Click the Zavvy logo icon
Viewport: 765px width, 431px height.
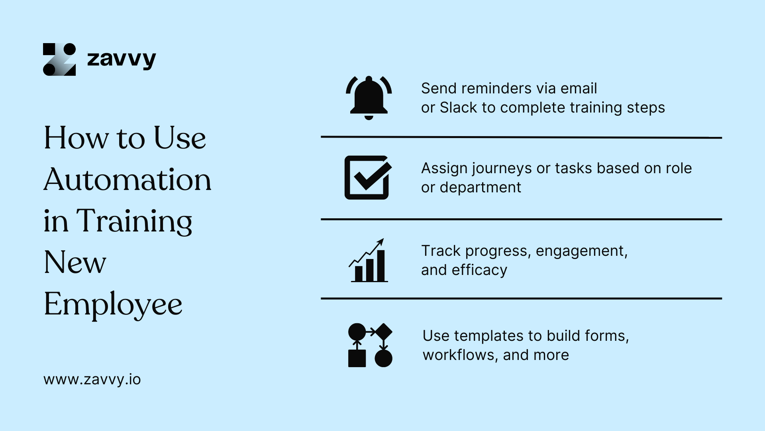pyautogui.click(x=59, y=59)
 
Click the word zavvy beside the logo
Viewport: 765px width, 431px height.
pyautogui.click(x=121, y=59)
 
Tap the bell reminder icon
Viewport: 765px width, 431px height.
pyautogui.click(x=369, y=98)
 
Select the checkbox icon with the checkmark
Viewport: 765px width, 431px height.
pyautogui.click(x=367, y=178)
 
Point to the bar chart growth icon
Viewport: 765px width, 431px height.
pyautogui.click(x=369, y=261)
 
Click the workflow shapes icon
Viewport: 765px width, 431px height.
pyautogui.click(x=370, y=345)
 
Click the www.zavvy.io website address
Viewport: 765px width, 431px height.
pyautogui.click(x=92, y=380)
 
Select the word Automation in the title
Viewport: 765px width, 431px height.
pyautogui.click(x=127, y=180)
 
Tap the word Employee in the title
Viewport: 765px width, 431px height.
pyautogui.click(x=113, y=304)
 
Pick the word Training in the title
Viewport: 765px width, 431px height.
pyautogui.click(x=134, y=221)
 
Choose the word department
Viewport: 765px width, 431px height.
pyautogui.click(x=480, y=188)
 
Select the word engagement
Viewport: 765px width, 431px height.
pyautogui.click(x=581, y=251)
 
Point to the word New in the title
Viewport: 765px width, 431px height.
pyautogui.click(x=75, y=263)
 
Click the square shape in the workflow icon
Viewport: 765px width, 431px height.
pyautogui.click(x=357, y=358)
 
